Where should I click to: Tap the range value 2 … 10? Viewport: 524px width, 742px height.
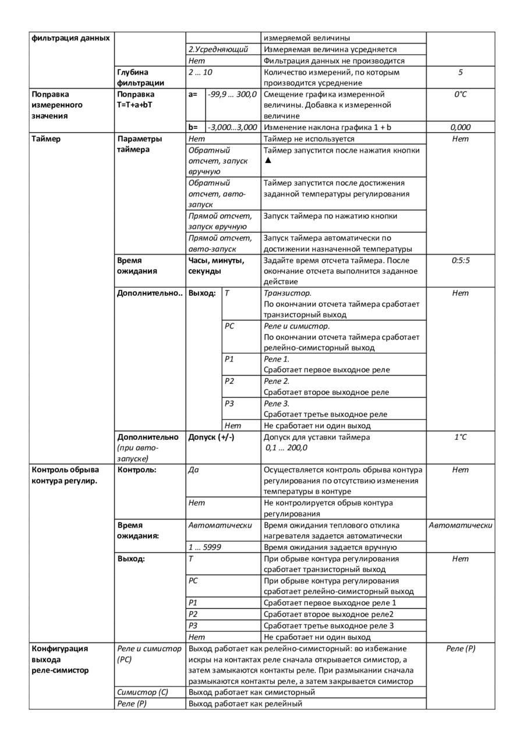[200, 72]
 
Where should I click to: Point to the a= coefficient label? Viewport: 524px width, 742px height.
[193, 94]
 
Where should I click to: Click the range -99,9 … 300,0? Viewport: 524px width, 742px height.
[232, 94]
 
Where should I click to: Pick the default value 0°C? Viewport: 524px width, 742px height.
[460, 94]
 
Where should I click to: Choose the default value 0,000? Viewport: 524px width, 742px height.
[460, 127]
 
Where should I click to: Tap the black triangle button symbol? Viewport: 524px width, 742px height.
[267, 161]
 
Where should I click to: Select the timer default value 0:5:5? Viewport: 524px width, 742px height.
[460, 260]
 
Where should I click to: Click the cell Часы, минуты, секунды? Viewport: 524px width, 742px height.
[216, 266]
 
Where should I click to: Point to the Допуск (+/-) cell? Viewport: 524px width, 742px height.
[211, 437]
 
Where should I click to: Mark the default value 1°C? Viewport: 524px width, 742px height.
[460, 437]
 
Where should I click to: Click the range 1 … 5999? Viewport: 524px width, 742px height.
[204, 547]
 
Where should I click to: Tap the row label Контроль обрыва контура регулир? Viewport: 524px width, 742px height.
[65, 475]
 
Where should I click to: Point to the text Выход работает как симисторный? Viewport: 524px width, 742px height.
[252, 692]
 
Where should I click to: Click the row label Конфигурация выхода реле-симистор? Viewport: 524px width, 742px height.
[61, 659]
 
